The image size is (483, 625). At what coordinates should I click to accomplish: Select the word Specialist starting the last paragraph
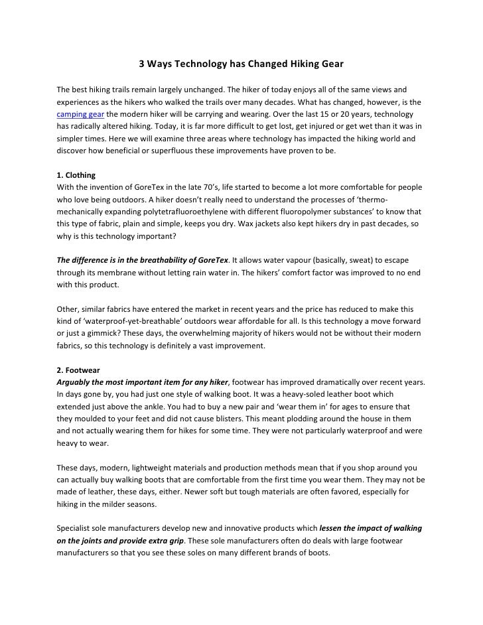(x=78, y=529)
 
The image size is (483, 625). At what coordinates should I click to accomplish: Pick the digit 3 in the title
(x=141, y=65)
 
